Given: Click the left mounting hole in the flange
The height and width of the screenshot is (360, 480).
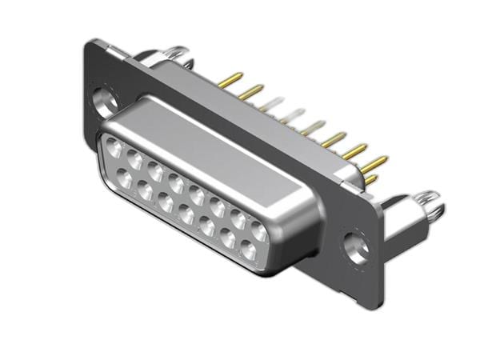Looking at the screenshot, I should point(104,100).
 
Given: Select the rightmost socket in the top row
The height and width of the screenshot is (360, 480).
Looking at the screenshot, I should point(258,230).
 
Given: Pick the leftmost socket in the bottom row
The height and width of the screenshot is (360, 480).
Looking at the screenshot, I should point(125,178).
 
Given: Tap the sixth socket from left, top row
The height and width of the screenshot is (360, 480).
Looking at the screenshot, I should point(217,206).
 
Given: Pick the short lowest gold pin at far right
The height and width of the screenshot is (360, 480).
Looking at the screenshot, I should point(371,179).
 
